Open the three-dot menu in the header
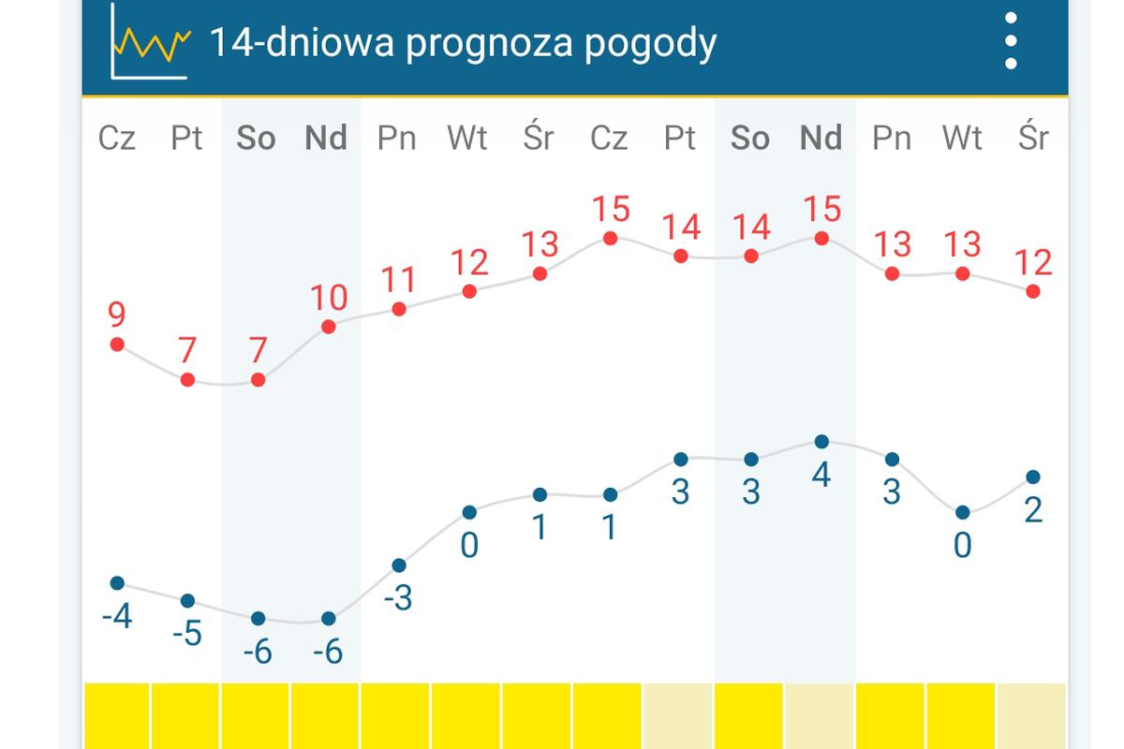click(1010, 41)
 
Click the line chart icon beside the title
click(150, 42)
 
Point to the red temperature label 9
click(117, 315)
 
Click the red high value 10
click(329, 298)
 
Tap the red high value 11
click(399, 280)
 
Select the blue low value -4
click(117, 618)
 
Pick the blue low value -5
click(187, 635)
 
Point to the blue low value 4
click(821, 476)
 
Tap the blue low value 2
click(1033, 511)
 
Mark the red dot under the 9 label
click(117, 345)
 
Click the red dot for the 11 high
click(399, 309)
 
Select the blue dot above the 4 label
click(821, 441)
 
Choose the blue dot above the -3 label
click(399, 565)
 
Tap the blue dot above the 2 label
click(1033, 477)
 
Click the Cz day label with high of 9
click(117, 139)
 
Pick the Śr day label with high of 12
click(1033, 139)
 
